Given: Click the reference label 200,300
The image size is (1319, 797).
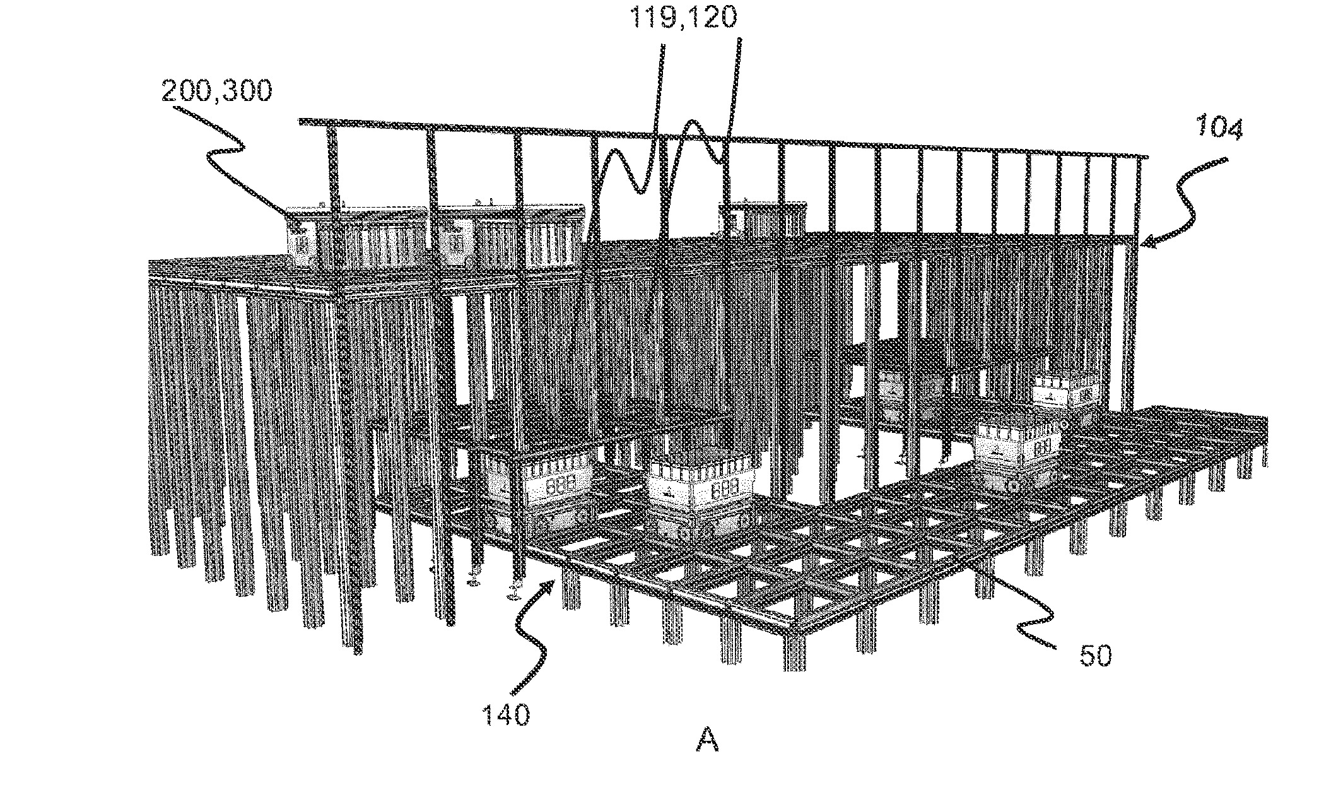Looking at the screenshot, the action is click(x=216, y=92).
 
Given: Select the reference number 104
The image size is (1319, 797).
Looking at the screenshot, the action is click(x=1217, y=130).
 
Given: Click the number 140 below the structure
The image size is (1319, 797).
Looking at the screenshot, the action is click(x=505, y=716).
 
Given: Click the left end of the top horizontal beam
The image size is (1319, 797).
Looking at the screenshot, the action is click(x=301, y=121).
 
